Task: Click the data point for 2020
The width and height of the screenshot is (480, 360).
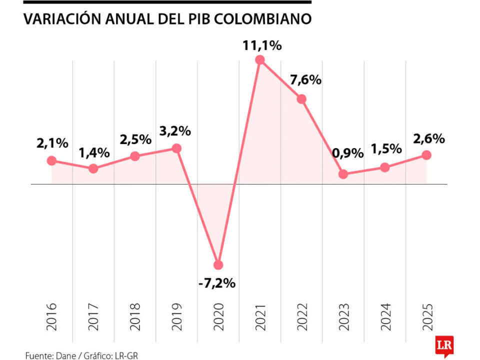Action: [218, 264]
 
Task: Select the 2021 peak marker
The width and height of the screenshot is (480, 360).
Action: [259, 60]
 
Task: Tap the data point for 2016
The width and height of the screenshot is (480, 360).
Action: [51, 160]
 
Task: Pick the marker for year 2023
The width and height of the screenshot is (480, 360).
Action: [343, 174]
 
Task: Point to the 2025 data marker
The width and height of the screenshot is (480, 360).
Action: [426, 155]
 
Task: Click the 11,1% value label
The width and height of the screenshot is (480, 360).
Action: [262, 45]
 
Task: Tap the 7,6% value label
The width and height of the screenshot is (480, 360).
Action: [304, 79]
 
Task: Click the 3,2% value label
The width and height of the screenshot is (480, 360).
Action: [175, 131]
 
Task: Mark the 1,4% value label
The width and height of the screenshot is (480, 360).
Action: [93, 152]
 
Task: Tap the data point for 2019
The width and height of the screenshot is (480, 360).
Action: [176, 148]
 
